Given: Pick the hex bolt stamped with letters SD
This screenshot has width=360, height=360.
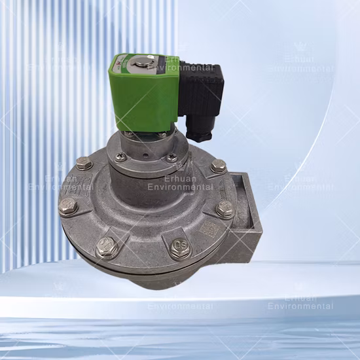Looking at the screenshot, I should [x=181, y=249].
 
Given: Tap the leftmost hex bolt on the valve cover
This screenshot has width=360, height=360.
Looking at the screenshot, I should [x=68, y=206].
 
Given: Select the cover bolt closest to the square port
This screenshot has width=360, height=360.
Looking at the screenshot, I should [x=225, y=209].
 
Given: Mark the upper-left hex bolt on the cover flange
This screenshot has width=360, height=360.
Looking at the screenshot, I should [x=84, y=163].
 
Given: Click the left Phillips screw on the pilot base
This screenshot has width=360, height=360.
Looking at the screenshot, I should [x=120, y=157].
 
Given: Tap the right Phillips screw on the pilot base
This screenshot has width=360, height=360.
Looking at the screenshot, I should [x=171, y=157].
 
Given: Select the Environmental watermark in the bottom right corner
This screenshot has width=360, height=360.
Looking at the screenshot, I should [x=300, y=306].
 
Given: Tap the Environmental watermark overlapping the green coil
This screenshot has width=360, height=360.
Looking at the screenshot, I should [x=180, y=67].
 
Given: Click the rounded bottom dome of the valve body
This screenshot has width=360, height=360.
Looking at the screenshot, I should [x=157, y=278].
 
